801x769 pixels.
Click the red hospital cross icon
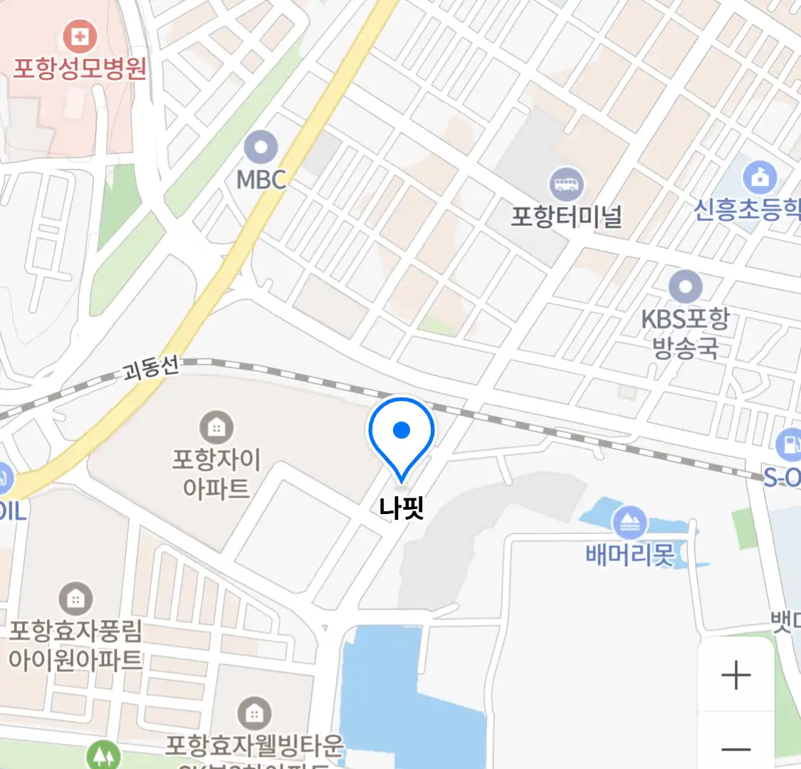(x=80, y=36)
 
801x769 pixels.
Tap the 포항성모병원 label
(x=80, y=68)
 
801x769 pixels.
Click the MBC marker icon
(x=261, y=148)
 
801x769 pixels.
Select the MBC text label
(x=261, y=179)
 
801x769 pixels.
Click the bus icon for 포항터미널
(x=567, y=184)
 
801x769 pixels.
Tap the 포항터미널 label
(x=567, y=216)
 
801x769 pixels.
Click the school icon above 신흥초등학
(x=760, y=178)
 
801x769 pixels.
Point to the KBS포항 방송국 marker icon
(x=686, y=288)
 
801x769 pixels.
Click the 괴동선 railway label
(x=151, y=369)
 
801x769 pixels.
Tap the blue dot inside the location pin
(x=402, y=430)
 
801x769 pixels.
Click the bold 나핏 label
(x=402, y=508)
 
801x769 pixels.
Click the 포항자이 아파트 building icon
(x=216, y=427)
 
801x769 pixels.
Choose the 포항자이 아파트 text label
(x=216, y=474)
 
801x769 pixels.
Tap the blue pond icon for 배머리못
(x=629, y=523)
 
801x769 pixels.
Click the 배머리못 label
(x=629, y=554)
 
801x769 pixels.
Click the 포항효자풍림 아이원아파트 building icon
(x=75, y=599)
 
